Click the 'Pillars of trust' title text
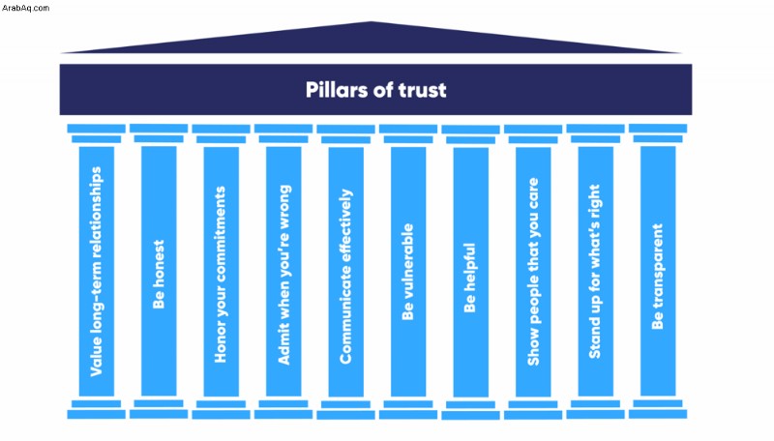point(375,90)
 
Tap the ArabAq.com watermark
point(25,8)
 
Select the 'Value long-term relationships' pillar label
point(96,272)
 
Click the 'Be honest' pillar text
point(159,275)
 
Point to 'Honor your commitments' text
point(221,275)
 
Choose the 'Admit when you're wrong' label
point(283,275)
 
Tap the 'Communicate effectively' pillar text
point(346,277)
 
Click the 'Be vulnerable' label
point(407,272)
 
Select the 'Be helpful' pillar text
point(470,278)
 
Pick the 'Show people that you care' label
point(533,272)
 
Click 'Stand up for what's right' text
point(595,272)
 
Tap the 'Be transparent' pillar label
point(658,277)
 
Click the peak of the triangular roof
point(372,21)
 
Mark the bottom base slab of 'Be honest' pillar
point(159,414)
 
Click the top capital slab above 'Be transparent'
point(658,129)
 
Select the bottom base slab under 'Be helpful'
point(470,415)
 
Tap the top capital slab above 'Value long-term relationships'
point(96,129)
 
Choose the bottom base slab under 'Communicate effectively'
point(345,414)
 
